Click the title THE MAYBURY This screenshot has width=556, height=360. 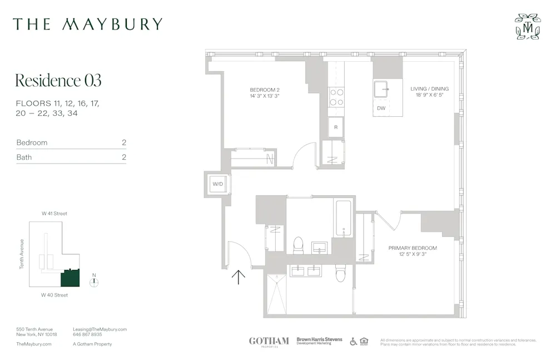point(88,24)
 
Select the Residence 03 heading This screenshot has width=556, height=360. point(58,81)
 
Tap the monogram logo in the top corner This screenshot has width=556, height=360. point(527,27)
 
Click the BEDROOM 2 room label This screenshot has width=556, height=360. point(264,92)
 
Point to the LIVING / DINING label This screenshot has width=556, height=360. point(429,92)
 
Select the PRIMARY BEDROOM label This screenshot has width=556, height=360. point(413,251)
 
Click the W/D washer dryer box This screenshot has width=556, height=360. point(217,184)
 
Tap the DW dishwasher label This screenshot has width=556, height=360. point(381,108)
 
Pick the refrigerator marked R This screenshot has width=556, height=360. point(336,127)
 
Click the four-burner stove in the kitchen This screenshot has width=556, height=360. point(336,97)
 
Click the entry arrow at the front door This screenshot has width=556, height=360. point(238,277)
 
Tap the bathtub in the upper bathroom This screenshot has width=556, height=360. point(343,218)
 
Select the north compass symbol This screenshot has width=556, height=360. point(94,282)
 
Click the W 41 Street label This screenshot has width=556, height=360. point(54,214)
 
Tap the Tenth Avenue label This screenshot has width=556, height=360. point(22,254)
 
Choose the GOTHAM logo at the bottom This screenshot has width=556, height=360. point(269,341)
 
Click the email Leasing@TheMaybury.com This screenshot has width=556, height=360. point(100,329)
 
